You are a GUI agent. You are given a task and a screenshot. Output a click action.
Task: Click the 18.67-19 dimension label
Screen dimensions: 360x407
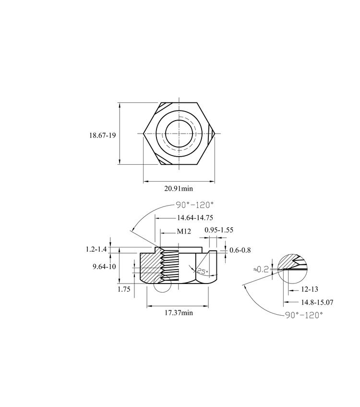[x=102, y=135]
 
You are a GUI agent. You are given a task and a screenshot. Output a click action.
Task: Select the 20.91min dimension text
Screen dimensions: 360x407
[x=179, y=188]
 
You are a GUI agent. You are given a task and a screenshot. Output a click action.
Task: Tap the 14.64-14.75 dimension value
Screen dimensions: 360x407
[x=195, y=218]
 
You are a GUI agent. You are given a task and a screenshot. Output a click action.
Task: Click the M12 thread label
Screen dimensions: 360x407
[x=184, y=231]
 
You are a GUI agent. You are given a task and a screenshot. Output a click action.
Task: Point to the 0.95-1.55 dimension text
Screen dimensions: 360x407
[x=219, y=230]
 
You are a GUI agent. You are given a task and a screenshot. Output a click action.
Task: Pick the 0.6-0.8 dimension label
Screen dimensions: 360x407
[x=240, y=250]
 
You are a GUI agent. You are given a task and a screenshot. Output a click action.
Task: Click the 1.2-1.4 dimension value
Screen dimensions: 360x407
[x=96, y=249]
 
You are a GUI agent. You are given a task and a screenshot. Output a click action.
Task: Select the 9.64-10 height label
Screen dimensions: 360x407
[x=104, y=267]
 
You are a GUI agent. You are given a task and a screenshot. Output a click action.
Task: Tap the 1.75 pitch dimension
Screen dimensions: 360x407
[x=124, y=289]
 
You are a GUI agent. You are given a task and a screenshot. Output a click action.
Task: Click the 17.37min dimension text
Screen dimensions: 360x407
[x=179, y=312]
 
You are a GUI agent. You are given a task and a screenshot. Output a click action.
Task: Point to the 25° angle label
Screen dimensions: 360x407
[x=203, y=272]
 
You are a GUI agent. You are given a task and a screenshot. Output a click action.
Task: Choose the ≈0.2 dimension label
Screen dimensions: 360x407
[x=261, y=270]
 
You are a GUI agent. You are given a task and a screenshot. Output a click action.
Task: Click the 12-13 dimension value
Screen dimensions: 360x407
[x=310, y=289]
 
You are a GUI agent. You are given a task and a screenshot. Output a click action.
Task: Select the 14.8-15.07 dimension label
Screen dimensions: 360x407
[x=317, y=302]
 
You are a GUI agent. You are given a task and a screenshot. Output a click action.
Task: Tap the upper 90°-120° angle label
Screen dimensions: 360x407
[x=195, y=205]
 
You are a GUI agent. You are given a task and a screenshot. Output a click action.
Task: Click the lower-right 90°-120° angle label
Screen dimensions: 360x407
[x=304, y=315]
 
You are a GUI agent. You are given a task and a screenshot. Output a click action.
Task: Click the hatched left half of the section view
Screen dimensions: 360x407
[x=150, y=267]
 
